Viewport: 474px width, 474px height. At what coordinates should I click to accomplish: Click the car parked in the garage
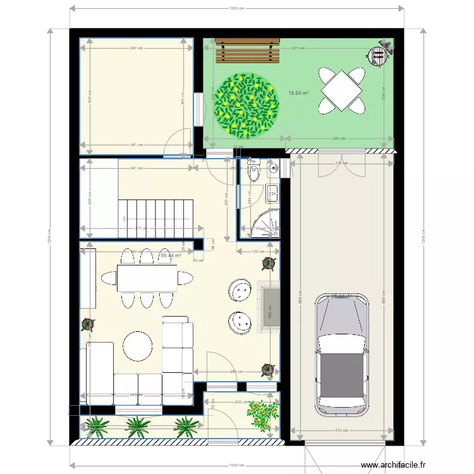tap(341, 357)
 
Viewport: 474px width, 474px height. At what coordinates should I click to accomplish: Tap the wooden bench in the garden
tap(248, 51)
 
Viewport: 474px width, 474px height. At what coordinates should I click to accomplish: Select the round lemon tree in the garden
tap(246, 105)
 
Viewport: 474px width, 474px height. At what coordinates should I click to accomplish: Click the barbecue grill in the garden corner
tap(379, 56)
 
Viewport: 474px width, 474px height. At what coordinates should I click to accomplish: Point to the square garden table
tap(342, 91)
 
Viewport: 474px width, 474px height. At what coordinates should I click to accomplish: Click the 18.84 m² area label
tap(298, 93)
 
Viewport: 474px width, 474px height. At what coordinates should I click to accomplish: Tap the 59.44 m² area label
tap(171, 256)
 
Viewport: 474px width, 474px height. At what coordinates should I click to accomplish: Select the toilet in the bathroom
tap(254, 171)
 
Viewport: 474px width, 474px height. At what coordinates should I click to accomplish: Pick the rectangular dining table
tap(147, 277)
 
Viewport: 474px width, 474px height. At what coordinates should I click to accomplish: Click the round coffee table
tap(137, 346)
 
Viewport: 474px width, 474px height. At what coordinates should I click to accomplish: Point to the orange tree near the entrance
tap(263, 416)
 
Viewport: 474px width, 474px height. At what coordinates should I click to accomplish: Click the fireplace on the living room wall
tap(268, 308)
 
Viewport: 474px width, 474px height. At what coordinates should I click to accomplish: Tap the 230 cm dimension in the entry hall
tap(241, 402)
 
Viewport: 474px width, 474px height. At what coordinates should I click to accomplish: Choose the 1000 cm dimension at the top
tap(236, 8)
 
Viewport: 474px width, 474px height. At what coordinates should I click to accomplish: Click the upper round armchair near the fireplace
tap(240, 291)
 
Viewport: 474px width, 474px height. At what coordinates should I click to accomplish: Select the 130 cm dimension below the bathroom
tap(258, 252)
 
